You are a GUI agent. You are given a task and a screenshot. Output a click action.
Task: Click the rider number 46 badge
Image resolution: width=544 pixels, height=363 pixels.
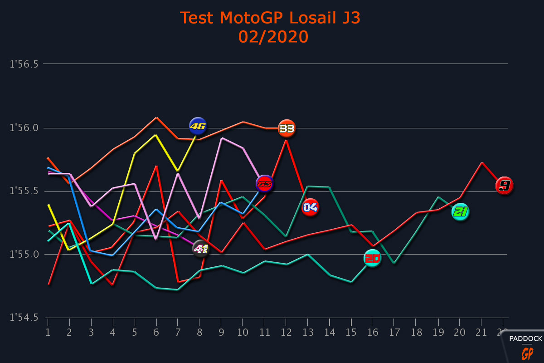click(198, 126)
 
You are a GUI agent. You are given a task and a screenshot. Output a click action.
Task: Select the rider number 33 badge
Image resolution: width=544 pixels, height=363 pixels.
click(287, 128)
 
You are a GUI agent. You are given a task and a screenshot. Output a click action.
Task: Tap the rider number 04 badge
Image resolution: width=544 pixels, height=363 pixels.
click(311, 207)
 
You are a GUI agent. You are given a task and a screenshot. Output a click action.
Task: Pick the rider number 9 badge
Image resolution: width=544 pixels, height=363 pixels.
click(504, 186)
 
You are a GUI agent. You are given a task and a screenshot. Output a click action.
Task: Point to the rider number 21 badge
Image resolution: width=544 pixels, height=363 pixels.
click(460, 212)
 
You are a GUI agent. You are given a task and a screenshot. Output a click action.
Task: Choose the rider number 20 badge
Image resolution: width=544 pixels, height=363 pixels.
click(372, 258)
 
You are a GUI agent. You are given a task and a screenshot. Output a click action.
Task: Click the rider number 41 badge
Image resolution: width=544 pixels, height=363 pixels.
click(200, 249)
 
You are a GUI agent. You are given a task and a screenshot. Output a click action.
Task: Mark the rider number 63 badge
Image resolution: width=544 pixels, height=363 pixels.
click(264, 184)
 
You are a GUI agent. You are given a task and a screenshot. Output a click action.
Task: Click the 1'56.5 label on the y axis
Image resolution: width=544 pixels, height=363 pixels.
click(24, 64)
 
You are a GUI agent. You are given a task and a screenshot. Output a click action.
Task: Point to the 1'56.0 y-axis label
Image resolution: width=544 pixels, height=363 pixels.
click(24, 128)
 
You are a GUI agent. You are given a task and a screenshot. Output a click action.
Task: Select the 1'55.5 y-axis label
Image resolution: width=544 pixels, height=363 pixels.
click(24, 191)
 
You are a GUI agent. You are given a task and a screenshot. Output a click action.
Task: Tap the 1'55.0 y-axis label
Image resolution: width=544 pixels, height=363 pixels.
click(24, 255)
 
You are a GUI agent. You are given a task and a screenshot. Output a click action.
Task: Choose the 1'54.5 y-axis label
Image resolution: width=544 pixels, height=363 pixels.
click(24, 318)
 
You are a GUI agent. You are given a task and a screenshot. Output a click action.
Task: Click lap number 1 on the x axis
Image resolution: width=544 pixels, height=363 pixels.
click(48, 332)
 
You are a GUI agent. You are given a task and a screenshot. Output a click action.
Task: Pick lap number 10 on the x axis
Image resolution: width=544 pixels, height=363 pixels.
click(243, 332)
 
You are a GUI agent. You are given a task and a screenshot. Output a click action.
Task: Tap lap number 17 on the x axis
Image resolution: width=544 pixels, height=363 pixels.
click(394, 332)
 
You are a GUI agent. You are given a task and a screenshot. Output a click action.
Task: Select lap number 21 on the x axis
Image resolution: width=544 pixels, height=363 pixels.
click(481, 332)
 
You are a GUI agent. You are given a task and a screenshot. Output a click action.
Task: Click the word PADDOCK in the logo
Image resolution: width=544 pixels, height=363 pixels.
click(525, 338)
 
